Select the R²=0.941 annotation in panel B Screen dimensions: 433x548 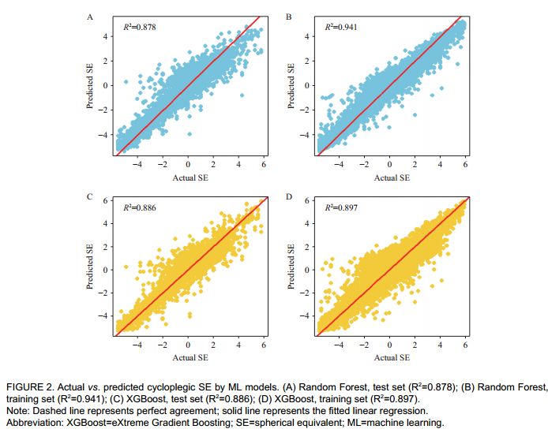point(340,27)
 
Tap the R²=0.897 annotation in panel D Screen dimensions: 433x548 point(340,207)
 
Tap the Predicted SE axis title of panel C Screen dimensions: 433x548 point(92,266)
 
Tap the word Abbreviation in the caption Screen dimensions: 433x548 point(34,422)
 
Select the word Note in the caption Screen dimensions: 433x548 point(17,411)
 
